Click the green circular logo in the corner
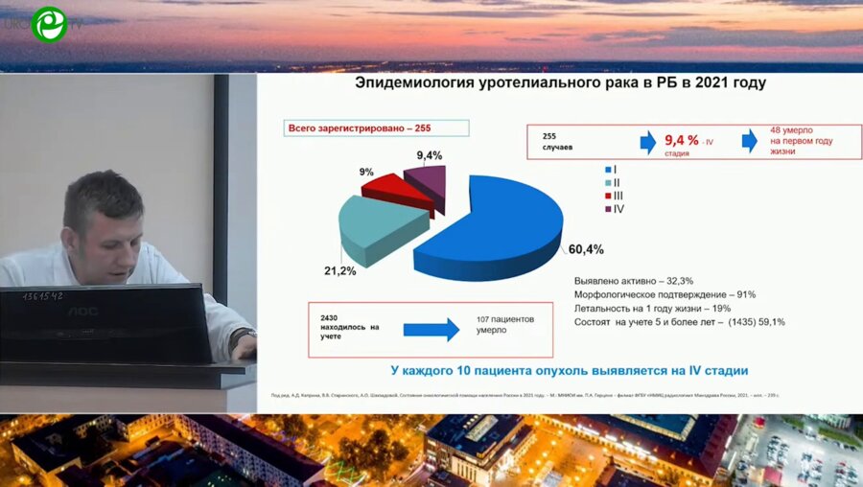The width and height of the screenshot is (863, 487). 49,24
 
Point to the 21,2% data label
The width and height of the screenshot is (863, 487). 339,271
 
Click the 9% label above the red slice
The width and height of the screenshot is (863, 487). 366,172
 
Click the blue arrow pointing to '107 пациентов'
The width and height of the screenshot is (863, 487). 431,330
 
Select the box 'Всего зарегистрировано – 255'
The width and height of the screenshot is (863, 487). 377,128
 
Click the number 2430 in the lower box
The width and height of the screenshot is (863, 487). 329,316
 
